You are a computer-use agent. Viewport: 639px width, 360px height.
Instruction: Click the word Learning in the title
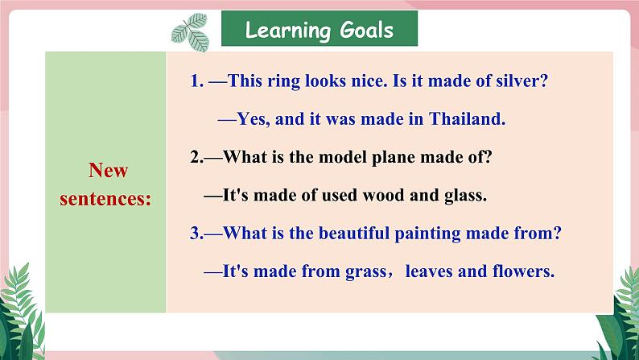288,31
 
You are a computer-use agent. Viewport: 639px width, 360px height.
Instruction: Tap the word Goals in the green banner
366,30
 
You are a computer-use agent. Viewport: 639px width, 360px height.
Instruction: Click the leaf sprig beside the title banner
191,32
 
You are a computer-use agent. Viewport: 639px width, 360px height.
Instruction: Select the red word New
108,170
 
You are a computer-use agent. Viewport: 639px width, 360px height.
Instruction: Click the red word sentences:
105,199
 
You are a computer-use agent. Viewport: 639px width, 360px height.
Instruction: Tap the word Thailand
466,118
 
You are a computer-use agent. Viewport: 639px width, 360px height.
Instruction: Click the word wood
384,195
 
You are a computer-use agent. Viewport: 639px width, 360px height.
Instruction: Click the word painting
428,234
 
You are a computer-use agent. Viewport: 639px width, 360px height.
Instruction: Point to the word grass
365,272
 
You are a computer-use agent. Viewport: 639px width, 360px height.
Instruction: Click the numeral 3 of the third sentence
195,234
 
